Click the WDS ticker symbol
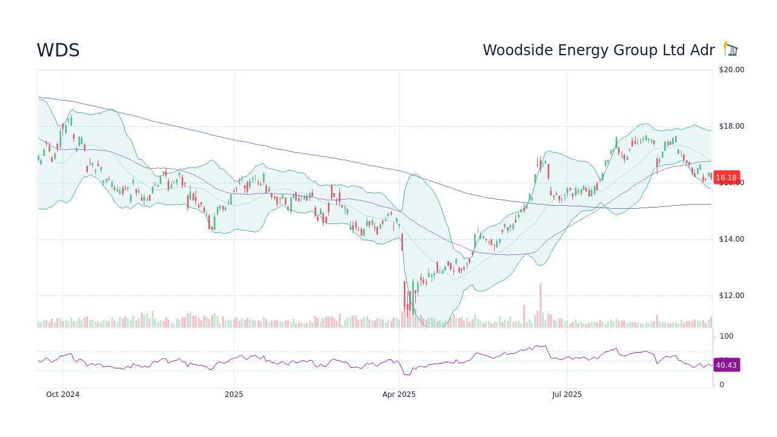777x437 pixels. (x=58, y=50)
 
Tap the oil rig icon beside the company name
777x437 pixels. (x=731, y=49)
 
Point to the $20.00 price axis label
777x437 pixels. (x=731, y=70)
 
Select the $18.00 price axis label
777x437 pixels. (x=731, y=126)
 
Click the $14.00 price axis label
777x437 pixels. (x=731, y=239)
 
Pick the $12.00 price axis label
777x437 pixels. (x=731, y=296)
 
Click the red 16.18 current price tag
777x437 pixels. (x=726, y=178)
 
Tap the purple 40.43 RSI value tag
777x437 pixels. (x=726, y=365)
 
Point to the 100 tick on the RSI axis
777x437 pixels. (x=727, y=336)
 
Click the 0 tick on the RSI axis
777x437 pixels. (x=722, y=385)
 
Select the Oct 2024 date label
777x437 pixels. (x=63, y=395)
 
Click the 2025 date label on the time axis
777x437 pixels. (x=234, y=395)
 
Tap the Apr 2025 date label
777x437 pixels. (x=399, y=395)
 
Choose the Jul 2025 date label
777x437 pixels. (x=567, y=395)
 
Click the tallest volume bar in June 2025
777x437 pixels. (x=540, y=305)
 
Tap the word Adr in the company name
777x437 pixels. (x=702, y=50)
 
